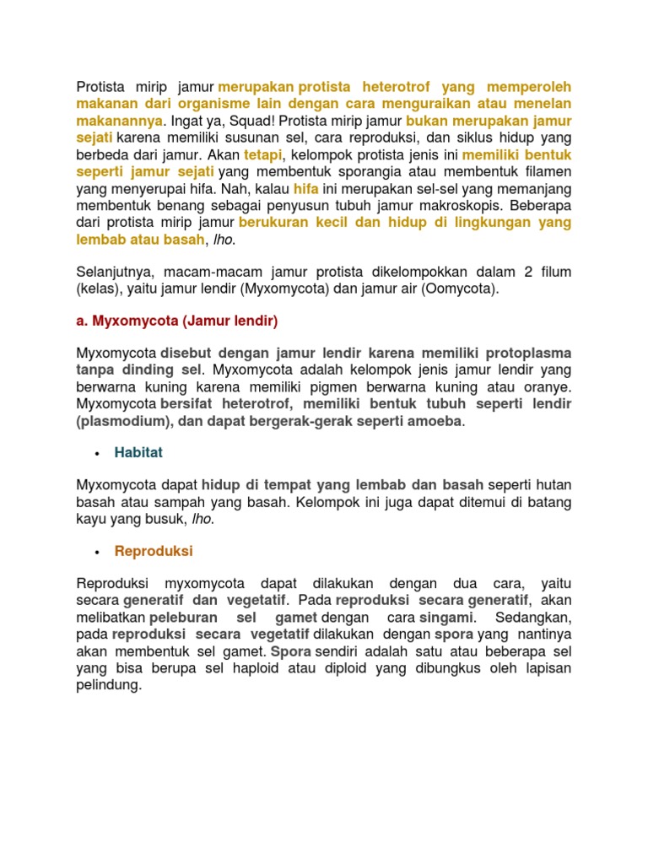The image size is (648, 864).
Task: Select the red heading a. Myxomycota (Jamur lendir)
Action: click(x=176, y=321)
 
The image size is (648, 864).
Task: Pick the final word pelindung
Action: click(x=109, y=685)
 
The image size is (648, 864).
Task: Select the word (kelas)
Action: click(x=99, y=289)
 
